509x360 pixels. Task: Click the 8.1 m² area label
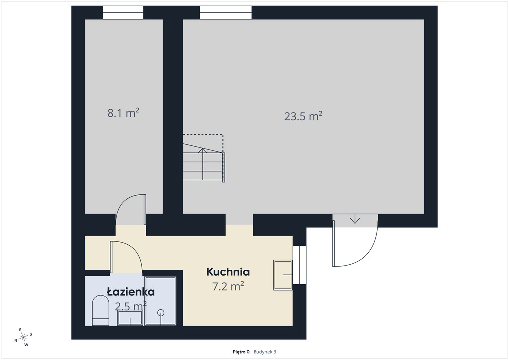pos(123,113)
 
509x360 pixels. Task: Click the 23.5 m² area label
pos(303,116)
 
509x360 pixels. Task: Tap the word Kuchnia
pos(228,271)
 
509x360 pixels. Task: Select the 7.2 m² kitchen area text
pos(228,286)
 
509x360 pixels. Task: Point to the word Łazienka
pos(131,292)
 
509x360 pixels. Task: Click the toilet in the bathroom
pos(100,311)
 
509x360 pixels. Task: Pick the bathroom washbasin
pos(130,318)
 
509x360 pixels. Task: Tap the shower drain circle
pos(161,313)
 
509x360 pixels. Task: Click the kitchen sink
pos(283,275)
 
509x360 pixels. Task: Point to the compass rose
pos(23,338)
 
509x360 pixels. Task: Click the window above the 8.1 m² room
pos(123,12)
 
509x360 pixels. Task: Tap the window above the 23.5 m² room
pos(225,12)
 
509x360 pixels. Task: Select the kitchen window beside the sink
pos(299,265)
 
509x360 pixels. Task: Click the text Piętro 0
pos(241,352)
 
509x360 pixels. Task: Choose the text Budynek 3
pos(265,352)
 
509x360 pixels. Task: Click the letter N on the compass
pos(16,341)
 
